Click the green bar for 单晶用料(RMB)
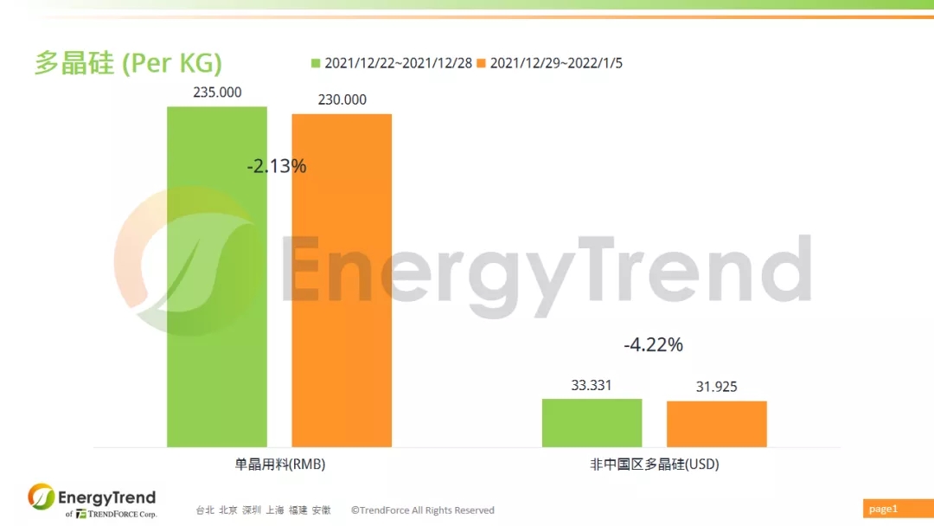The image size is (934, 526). [x=217, y=276]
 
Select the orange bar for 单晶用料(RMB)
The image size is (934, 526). [x=342, y=280]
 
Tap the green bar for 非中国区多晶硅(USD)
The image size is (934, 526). [x=592, y=423]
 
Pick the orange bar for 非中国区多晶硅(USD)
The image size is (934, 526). [x=717, y=424]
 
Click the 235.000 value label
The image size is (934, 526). [x=217, y=93]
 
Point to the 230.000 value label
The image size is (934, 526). [x=342, y=99]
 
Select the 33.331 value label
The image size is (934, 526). [x=592, y=385]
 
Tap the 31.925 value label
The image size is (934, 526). [x=717, y=387]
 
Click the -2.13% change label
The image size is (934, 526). [x=277, y=165]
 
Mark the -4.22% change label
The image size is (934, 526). [x=654, y=344]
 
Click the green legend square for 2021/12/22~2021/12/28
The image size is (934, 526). [x=316, y=63]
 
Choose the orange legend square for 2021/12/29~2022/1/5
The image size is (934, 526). [x=482, y=63]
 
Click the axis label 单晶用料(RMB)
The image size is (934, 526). [x=280, y=464]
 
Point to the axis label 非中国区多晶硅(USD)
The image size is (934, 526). [x=655, y=464]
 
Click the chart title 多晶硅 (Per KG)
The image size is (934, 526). [x=128, y=62]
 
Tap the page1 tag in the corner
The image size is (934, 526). [x=883, y=509]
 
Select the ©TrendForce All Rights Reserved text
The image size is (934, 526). [x=422, y=510]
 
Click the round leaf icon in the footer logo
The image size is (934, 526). [x=42, y=497]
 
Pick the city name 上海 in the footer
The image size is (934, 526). [x=275, y=510]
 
